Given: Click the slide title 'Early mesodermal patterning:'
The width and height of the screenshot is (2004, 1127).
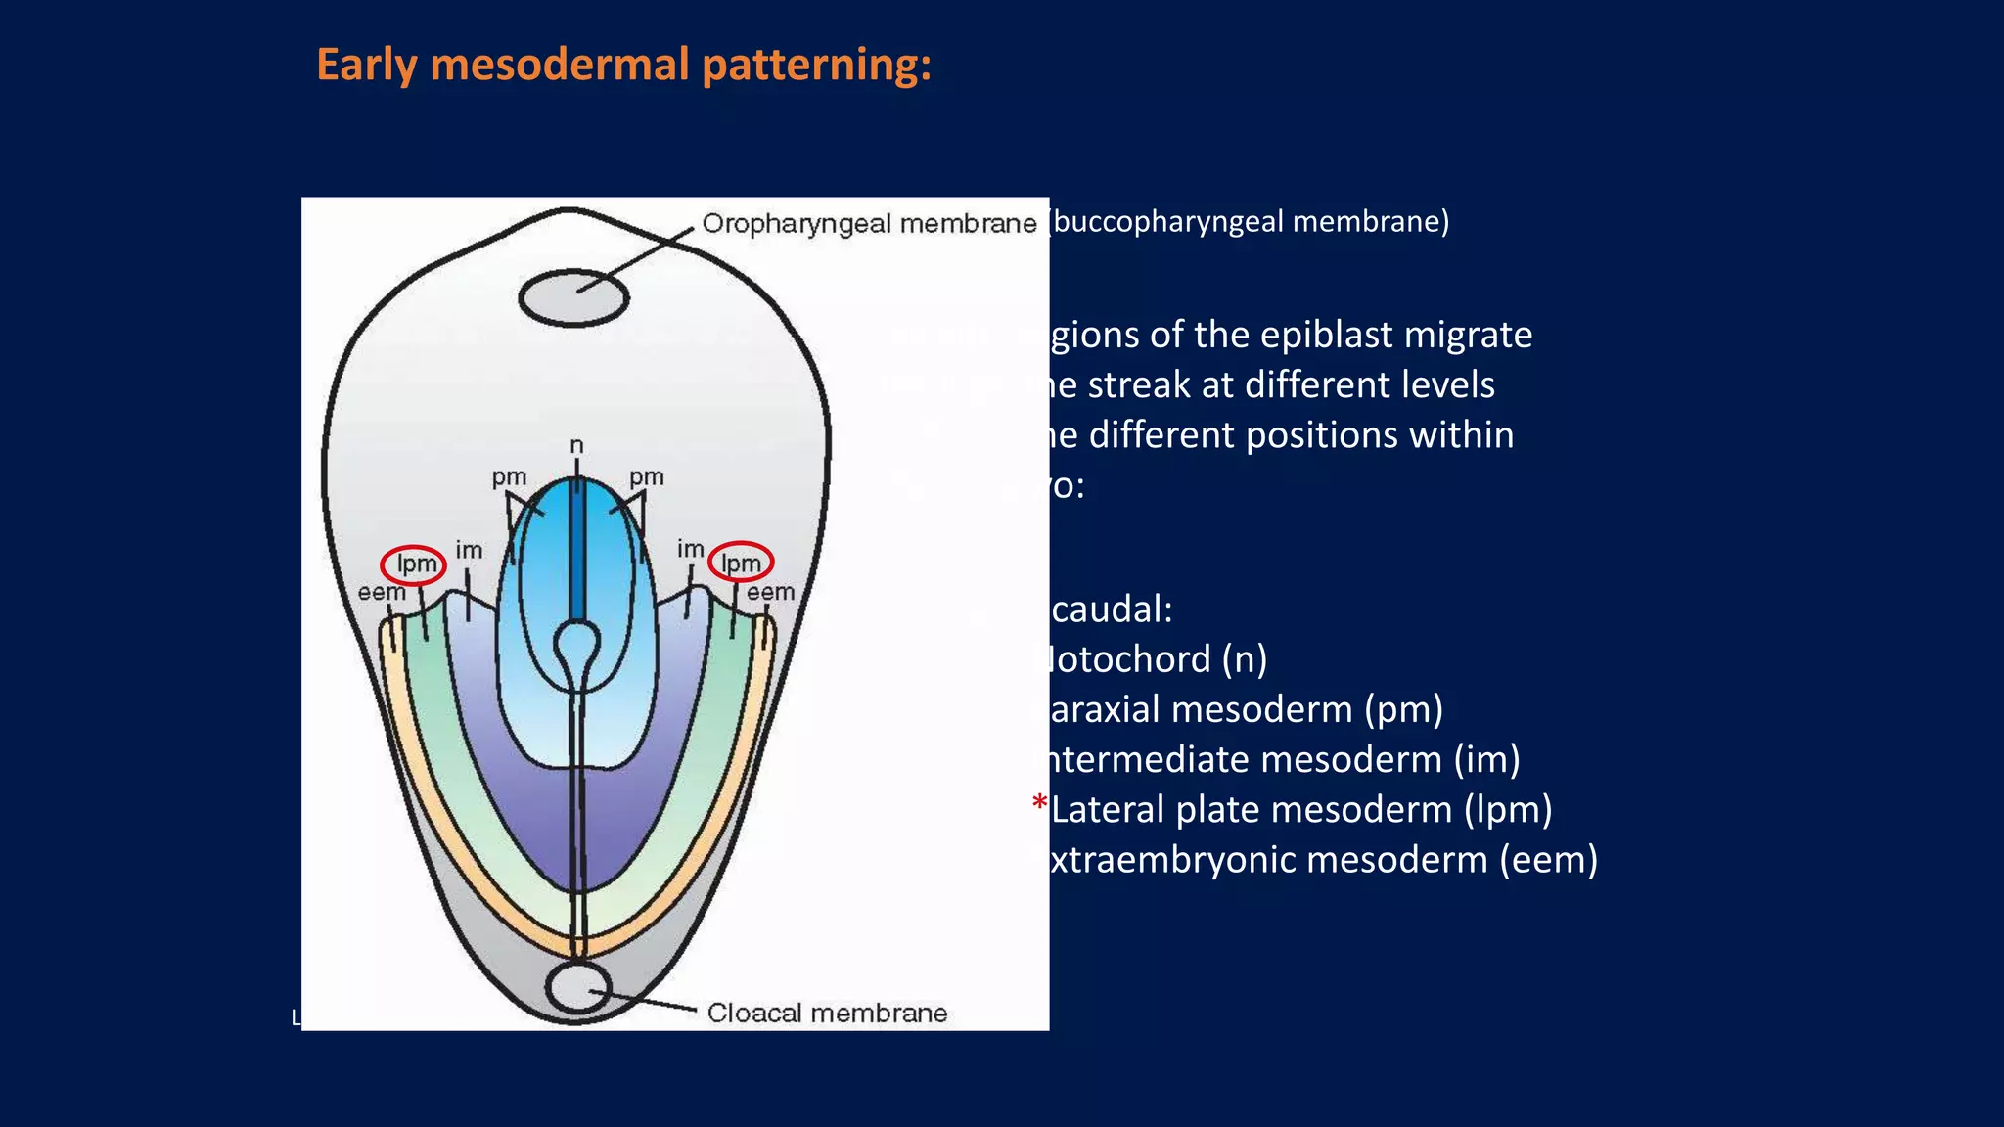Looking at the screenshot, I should tap(623, 66).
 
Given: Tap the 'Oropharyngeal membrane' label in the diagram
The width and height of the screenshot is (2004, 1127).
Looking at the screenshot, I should tap(869, 224).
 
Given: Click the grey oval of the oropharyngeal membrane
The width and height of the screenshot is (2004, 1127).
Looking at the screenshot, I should tap(573, 297).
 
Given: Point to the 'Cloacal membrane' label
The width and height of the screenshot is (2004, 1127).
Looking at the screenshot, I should tap(827, 1013).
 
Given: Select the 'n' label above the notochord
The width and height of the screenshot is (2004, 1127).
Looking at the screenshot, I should tap(576, 446).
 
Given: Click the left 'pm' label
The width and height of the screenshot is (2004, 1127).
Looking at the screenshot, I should tap(509, 477).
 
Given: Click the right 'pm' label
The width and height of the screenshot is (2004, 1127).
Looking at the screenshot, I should tap(646, 477).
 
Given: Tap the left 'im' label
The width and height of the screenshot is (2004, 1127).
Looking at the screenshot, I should tap(469, 551).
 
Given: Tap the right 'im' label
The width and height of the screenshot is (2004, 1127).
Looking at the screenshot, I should tap(690, 550).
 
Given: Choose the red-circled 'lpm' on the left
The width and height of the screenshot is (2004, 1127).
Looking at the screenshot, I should tap(414, 564).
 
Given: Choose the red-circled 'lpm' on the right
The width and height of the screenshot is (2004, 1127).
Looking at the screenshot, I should tap(741, 563).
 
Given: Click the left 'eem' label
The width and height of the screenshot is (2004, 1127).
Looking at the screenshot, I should tap(381, 593).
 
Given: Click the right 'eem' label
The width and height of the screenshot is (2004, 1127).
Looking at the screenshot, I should tap(770, 592).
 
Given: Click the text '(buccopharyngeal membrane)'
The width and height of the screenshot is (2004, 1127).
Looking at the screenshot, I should tap(1250, 222).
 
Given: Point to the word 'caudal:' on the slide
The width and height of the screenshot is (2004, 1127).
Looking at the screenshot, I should tap(1111, 609).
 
